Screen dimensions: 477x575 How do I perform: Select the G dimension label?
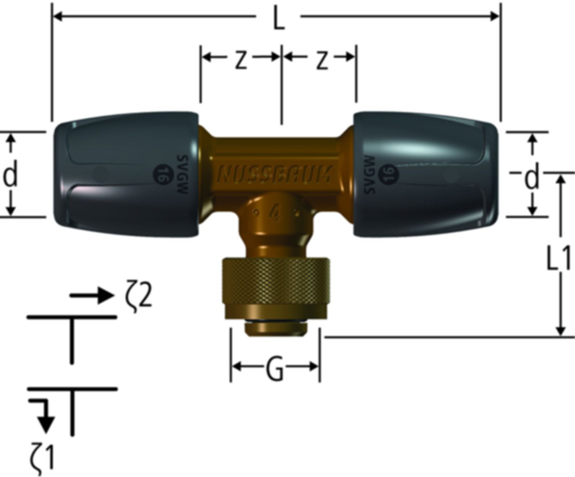point(274,371)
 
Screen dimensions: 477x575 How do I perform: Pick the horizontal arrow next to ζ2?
point(91,295)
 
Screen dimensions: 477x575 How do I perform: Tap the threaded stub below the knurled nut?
point(275,329)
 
